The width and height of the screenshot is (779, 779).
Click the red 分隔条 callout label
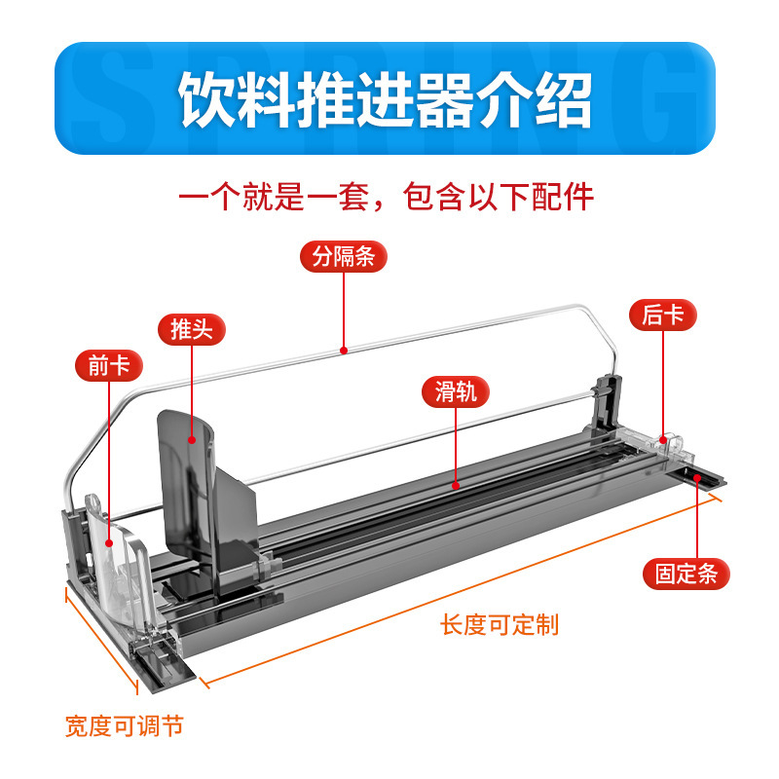344,257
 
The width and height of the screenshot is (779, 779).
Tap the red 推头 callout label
191,329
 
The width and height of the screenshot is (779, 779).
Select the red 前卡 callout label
108,366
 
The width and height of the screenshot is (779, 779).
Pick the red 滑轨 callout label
455,392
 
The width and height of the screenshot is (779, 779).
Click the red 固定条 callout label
686,575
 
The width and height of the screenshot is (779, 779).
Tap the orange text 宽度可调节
125,726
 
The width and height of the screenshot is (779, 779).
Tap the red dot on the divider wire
343,349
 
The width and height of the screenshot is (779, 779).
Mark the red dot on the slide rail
455,482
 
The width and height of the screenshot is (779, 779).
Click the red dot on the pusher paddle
192,440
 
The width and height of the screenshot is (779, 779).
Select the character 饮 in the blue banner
206,99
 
